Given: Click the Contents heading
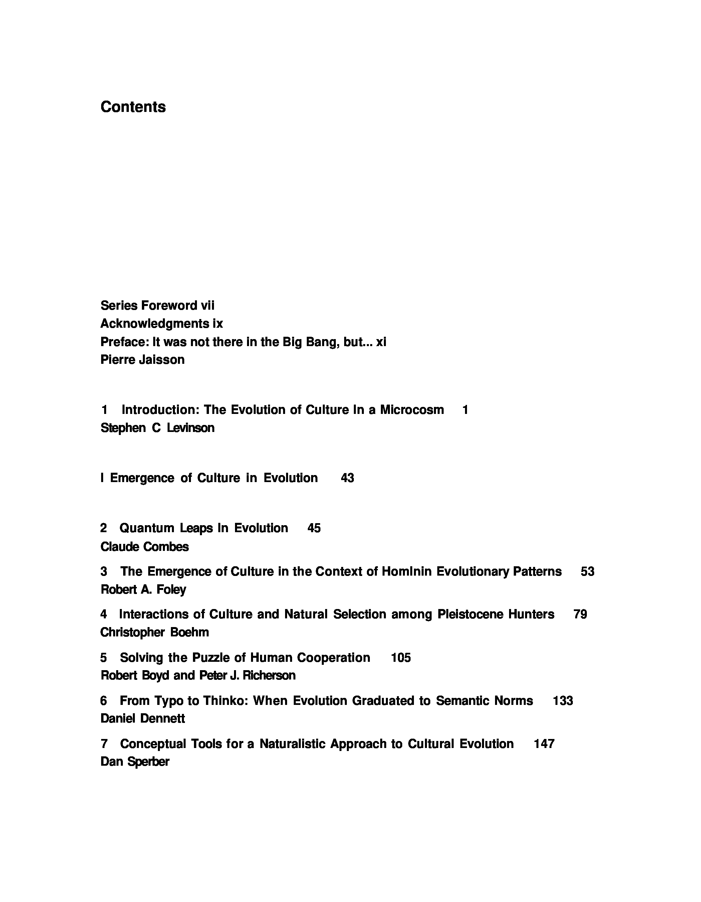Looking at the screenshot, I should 133,107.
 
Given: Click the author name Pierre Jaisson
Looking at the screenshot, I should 142,359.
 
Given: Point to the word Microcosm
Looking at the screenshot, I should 412,409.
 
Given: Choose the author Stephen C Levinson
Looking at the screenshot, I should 157,428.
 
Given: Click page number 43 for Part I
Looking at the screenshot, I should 347,478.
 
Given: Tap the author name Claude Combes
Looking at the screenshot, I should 145,547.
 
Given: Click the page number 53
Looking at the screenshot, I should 587,571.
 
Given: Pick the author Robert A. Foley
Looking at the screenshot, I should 143,589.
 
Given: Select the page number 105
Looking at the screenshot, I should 401,657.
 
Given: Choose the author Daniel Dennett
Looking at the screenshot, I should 142,718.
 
